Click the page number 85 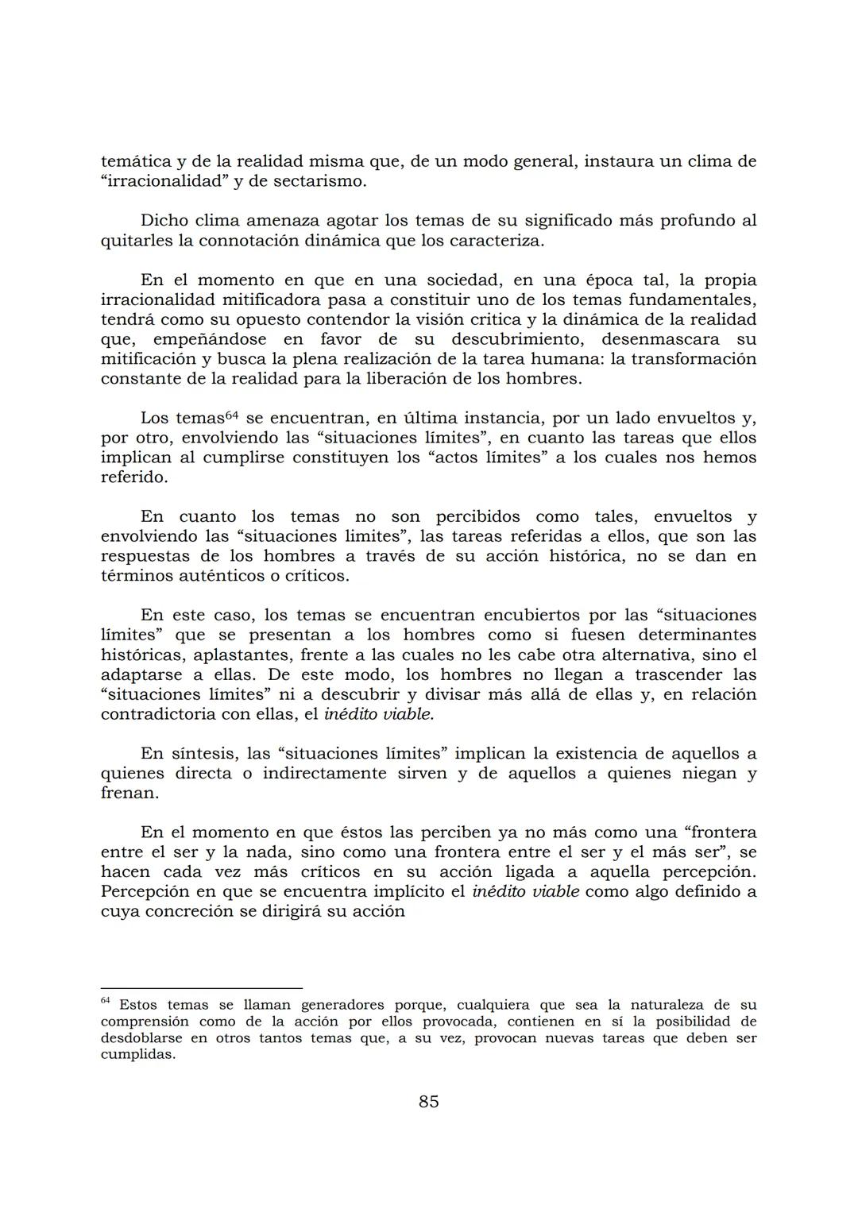[x=428, y=1102]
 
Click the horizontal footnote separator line [x=202, y=988]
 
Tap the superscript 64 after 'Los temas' [x=232, y=415]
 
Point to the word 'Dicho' [x=164, y=220]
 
